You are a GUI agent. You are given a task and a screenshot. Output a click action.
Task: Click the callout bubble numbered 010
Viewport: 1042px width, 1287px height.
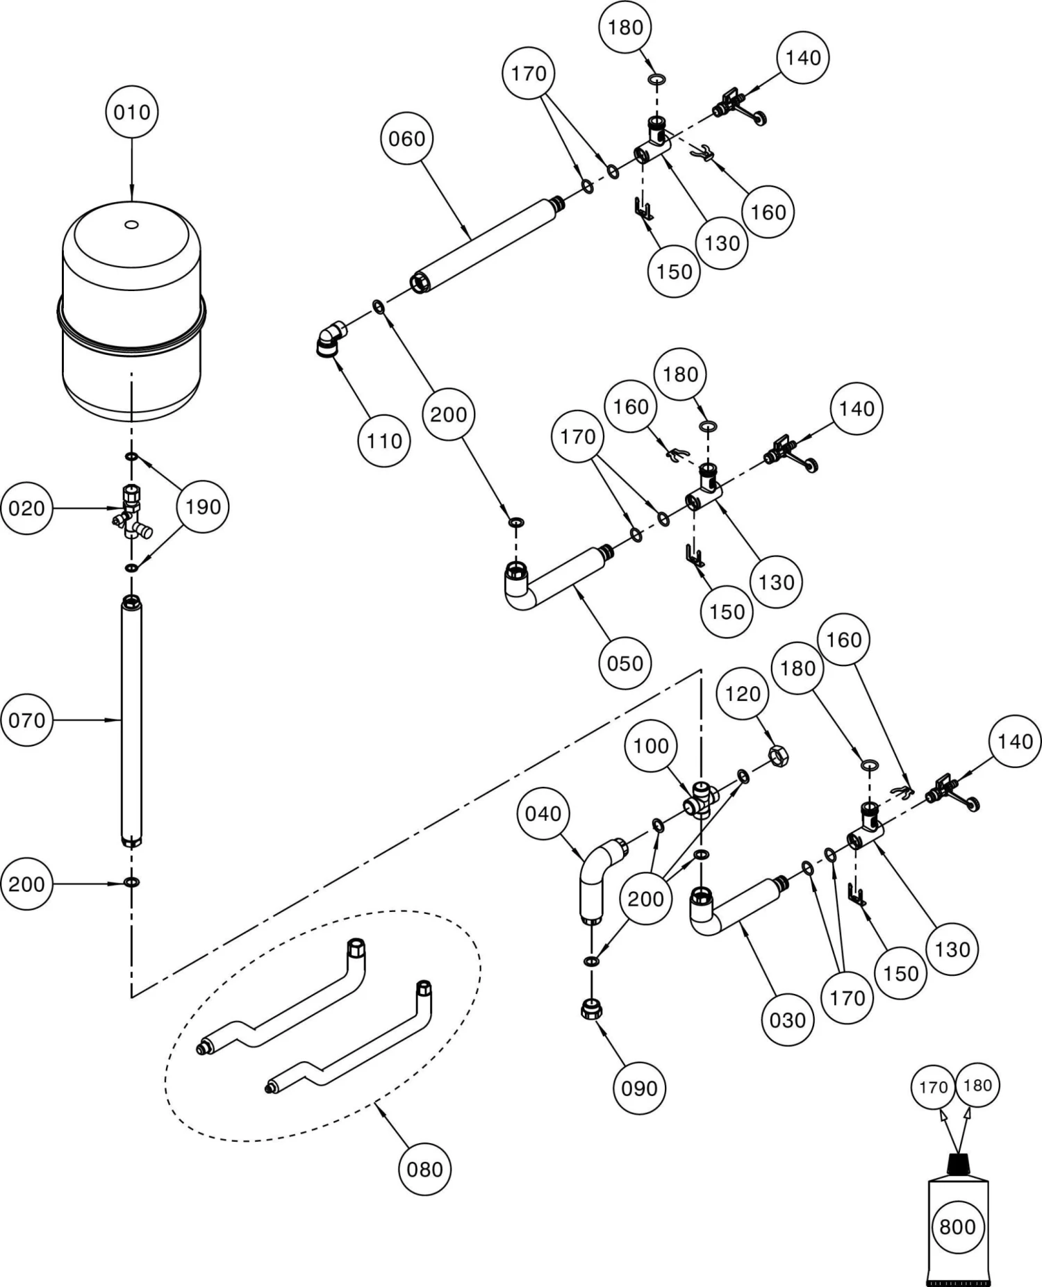pyautogui.click(x=132, y=112)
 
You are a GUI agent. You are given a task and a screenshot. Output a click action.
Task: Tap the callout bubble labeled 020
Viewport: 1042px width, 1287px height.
pyautogui.click(x=26, y=508)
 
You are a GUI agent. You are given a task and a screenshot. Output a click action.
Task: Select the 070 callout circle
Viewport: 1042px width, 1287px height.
pyautogui.click(x=26, y=720)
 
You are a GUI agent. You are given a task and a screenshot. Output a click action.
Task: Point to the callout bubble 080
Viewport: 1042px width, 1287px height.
pyautogui.click(x=424, y=1169)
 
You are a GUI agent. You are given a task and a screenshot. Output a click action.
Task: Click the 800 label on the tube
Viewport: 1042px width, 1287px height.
pyautogui.click(x=957, y=1227)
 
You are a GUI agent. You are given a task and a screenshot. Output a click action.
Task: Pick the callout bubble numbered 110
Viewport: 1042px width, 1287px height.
pyautogui.click(x=384, y=440)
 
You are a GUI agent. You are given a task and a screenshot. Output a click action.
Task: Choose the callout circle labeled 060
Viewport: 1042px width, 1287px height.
pyautogui.click(x=406, y=139)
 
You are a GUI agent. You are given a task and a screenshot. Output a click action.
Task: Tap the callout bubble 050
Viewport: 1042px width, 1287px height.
pyautogui.click(x=625, y=663)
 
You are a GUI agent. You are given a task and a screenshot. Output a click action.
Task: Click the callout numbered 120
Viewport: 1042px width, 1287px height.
pyautogui.click(x=743, y=693)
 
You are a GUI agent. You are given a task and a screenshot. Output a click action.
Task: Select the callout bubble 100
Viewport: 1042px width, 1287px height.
pyautogui.click(x=651, y=746)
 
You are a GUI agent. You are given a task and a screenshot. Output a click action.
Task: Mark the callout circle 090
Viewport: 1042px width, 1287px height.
pyautogui.click(x=639, y=1088)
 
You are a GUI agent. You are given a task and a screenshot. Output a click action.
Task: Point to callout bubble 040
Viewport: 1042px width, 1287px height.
pyautogui.click(x=543, y=813)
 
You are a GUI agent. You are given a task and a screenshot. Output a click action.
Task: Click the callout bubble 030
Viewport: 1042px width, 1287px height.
pyautogui.click(x=787, y=1020)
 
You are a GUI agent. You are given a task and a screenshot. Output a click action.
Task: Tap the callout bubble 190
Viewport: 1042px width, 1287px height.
pyautogui.click(x=203, y=507)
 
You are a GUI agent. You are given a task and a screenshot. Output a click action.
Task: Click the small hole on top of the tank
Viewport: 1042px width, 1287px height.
pyautogui.click(x=131, y=224)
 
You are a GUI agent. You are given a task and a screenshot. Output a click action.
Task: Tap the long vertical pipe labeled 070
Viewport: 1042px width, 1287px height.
pyautogui.click(x=131, y=722)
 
